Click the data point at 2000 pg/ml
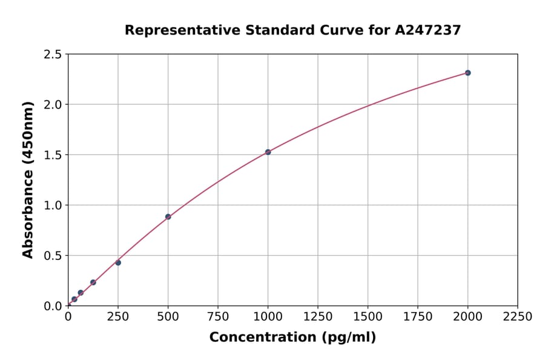click(x=467, y=73)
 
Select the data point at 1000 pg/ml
click(x=268, y=152)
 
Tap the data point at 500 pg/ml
click(x=168, y=216)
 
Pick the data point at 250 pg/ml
click(x=118, y=262)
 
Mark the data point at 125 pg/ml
click(x=93, y=282)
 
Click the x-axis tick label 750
click(x=218, y=316)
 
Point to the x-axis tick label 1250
click(x=318, y=316)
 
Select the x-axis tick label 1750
click(x=418, y=316)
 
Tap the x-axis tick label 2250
click(x=518, y=316)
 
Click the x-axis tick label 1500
click(x=368, y=316)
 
